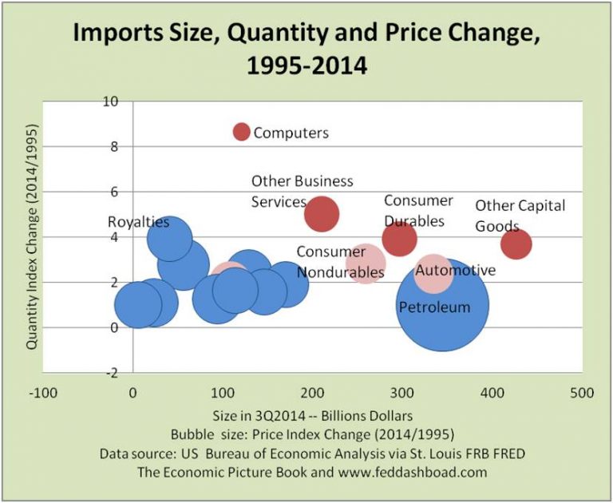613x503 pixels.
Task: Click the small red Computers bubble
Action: (241, 132)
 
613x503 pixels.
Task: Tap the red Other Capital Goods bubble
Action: (516, 244)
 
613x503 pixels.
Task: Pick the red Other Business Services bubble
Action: (322, 213)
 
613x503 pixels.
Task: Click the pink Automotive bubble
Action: (434, 273)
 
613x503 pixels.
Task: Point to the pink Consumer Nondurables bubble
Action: (366, 263)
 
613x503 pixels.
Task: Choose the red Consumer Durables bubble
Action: (399, 238)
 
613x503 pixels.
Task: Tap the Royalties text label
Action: (139, 222)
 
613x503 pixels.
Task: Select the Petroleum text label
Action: (434, 306)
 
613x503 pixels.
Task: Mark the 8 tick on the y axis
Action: (113, 147)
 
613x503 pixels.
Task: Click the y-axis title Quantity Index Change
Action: (33, 236)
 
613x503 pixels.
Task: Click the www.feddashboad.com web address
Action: (407, 472)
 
